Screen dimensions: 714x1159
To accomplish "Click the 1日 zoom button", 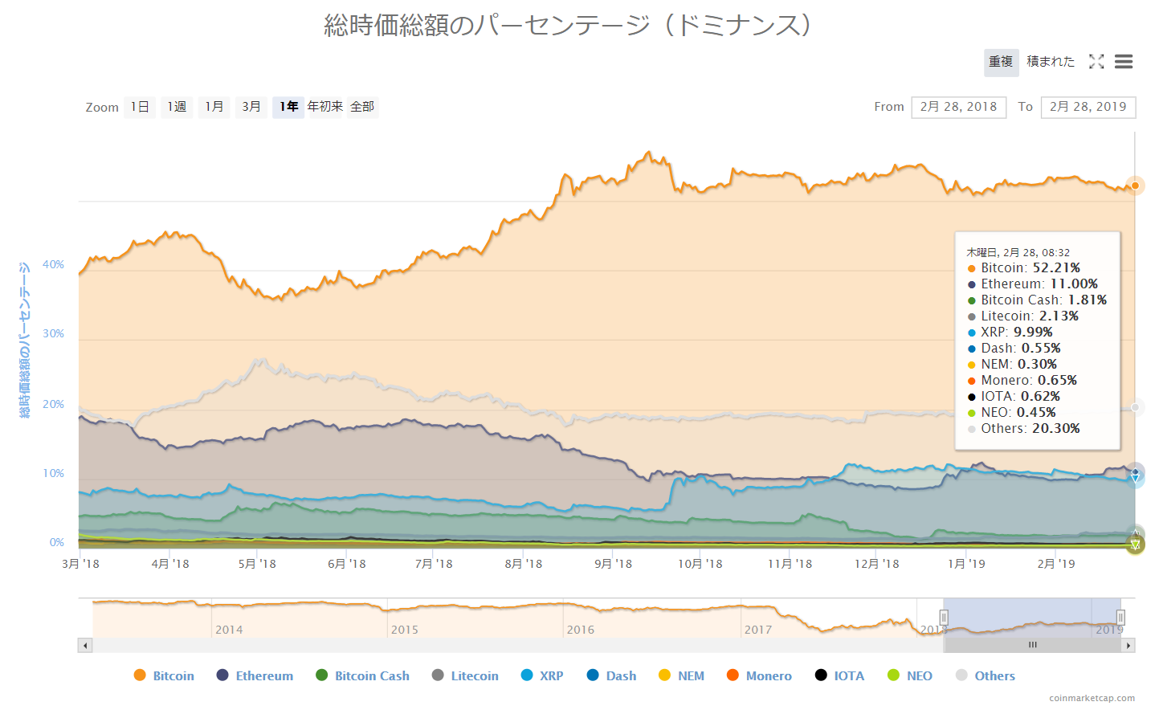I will point(140,107).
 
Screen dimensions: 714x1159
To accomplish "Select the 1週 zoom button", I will point(177,107).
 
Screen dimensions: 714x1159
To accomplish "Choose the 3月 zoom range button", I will point(251,107).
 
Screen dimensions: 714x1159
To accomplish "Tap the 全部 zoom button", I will point(362,107).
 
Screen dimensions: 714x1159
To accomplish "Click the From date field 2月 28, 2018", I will point(958,107).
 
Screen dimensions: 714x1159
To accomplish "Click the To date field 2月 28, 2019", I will point(1088,107).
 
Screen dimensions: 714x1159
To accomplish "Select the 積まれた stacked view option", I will point(1051,62).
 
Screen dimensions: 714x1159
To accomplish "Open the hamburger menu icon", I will point(1124,62).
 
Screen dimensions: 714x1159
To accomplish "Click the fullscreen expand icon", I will point(1096,62).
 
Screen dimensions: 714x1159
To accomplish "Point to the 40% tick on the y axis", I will point(54,264).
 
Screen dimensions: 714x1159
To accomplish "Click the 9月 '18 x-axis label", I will point(613,564).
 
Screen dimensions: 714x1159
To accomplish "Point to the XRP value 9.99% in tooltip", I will point(1032,333).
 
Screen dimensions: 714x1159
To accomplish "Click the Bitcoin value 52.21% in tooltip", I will point(1055,268).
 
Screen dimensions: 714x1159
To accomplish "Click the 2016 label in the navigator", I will point(581,630).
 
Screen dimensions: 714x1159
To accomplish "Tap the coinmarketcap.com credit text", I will point(1092,698).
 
